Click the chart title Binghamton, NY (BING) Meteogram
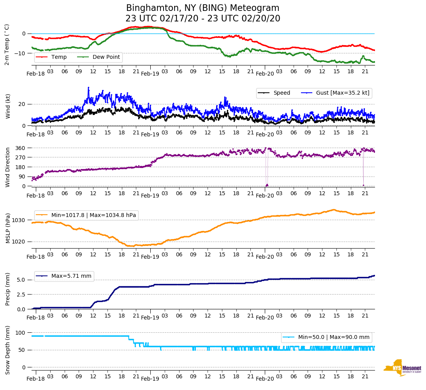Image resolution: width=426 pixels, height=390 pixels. (202, 8)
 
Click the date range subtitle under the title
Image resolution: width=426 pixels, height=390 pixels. (202, 19)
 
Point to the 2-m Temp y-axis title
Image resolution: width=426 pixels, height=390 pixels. (7, 44)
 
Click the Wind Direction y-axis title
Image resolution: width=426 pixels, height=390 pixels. (7, 167)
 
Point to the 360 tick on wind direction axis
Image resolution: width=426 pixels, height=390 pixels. (21, 148)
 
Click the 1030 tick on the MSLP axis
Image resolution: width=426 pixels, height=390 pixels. (19, 220)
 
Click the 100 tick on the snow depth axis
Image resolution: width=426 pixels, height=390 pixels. (21, 333)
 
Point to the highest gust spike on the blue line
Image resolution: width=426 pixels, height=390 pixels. (88, 88)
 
